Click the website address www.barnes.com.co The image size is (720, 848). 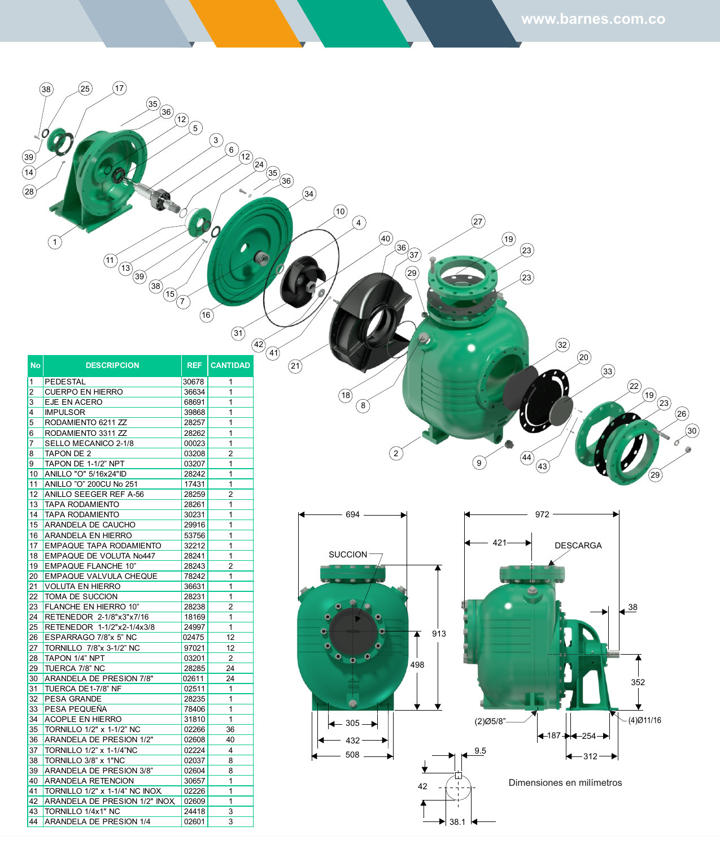click(593, 19)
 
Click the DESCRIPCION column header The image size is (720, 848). click(112, 365)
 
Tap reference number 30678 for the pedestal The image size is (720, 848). click(194, 382)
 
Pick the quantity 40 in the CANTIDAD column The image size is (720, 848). click(230, 739)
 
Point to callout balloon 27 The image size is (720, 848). click(478, 222)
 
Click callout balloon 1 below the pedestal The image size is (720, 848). click(55, 242)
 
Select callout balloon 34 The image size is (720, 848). click(309, 194)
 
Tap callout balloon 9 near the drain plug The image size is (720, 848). click(479, 463)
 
